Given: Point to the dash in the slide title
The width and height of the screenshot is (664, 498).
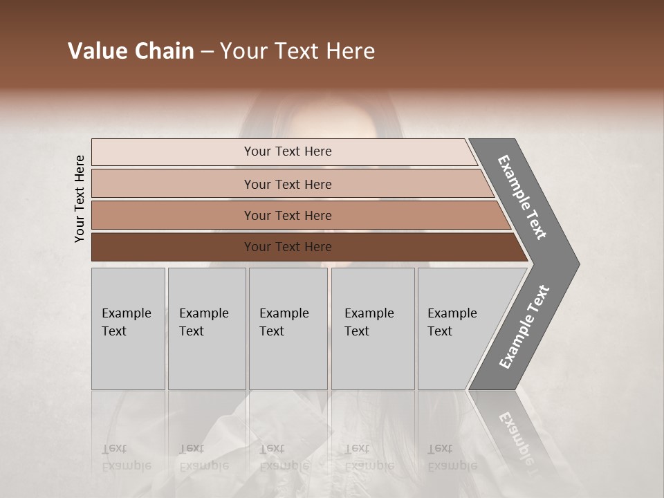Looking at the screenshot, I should pos(207,52).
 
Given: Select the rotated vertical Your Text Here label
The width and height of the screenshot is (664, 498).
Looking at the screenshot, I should pos(80,199).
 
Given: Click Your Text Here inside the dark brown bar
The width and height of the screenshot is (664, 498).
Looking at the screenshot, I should pos(288,247).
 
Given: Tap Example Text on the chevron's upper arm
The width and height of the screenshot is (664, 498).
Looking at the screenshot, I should pos(522,197).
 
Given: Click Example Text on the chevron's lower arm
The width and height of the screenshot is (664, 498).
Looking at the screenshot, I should pos(524,326).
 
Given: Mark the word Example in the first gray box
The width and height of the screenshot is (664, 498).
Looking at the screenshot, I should pos(126,313).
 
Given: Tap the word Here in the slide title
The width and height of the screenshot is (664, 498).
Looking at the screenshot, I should pos(351,51).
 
